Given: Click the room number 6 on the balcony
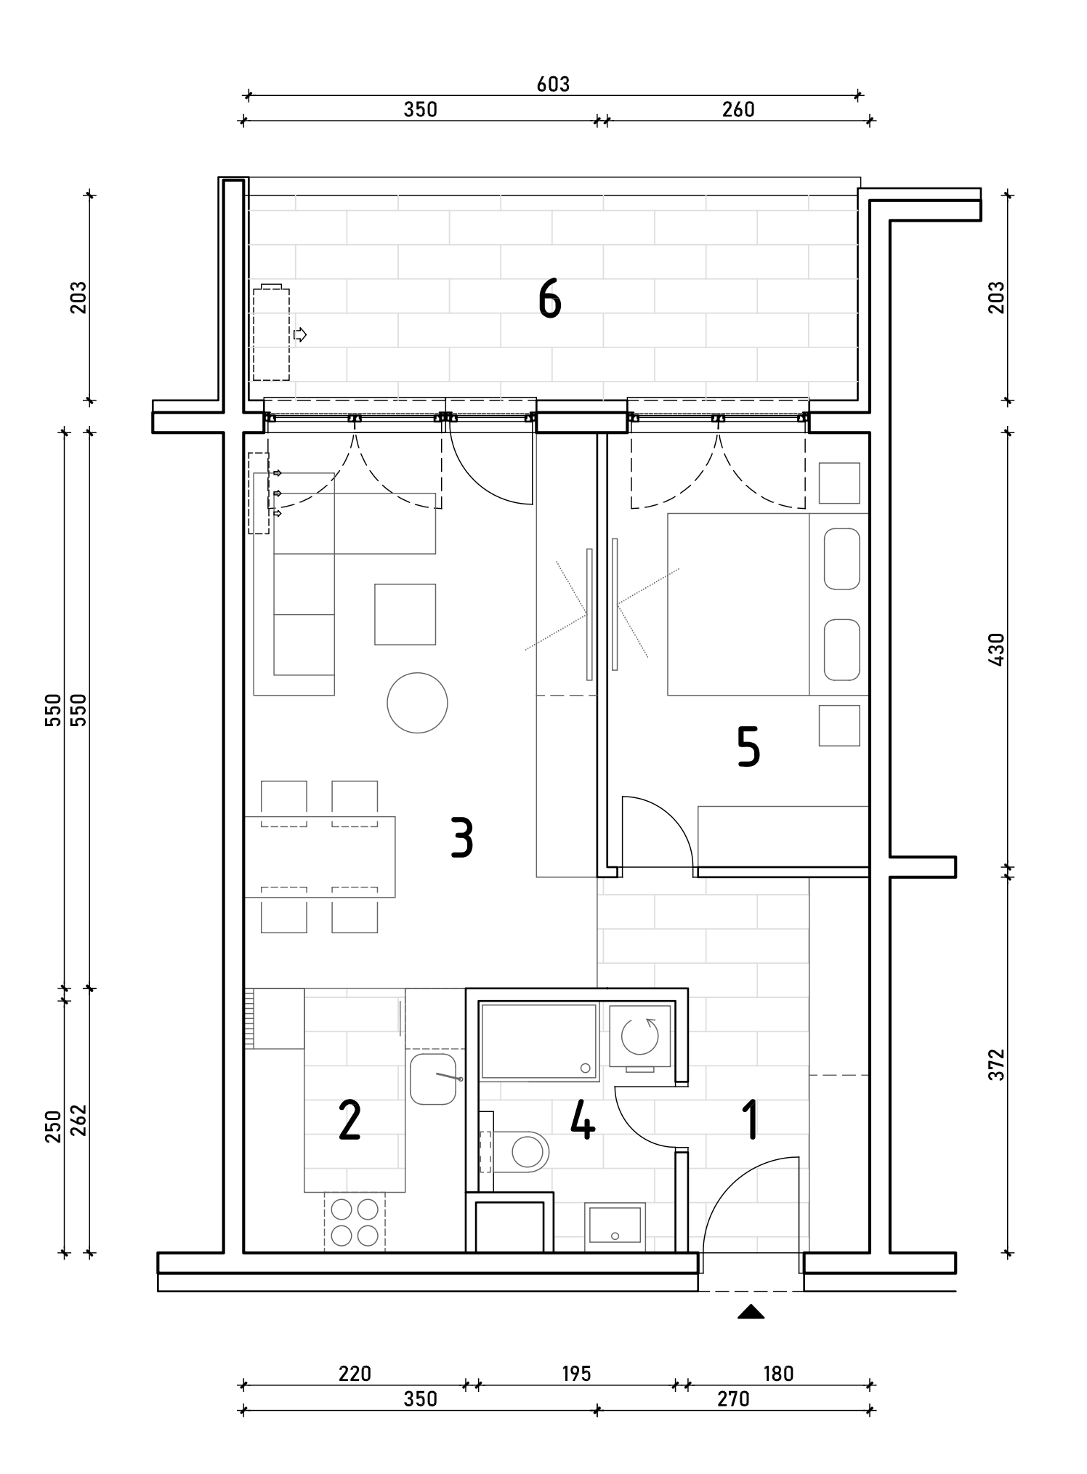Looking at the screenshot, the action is [x=550, y=299].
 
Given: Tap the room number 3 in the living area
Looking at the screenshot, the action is [x=462, y=838].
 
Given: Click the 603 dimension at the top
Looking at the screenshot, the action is [x=553, y=84].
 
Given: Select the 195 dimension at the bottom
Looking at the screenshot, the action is [x=576, y=1374].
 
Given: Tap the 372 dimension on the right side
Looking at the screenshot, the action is [x=996, y=1064].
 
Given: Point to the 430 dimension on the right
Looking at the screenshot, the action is [x=996, y=649].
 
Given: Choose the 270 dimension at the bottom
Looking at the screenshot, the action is [x=733, y=1398].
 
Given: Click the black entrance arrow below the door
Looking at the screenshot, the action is [x=751, y=1312].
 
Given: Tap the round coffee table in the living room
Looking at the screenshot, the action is [x=417, y=702].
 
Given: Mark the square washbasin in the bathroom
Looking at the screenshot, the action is [x=615, y=1225].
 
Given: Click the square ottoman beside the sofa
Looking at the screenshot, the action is [x=405, y=614].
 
